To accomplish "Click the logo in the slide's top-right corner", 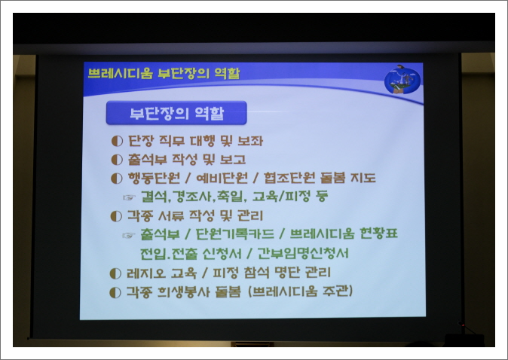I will coord(402,79).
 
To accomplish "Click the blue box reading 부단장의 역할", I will coord(176,114).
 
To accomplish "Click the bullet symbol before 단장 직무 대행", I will coord(116,141).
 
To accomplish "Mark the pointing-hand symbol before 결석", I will coord(129,197).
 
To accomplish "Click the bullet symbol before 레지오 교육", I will coord(116,272).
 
